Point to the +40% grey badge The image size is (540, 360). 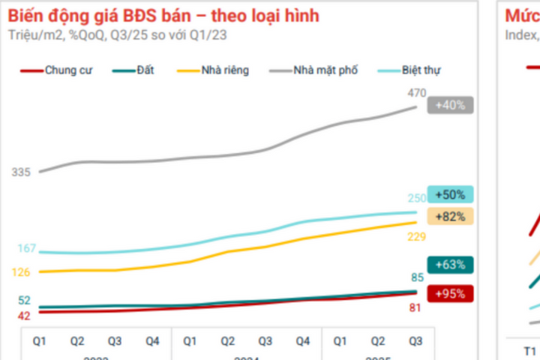click(450, 106)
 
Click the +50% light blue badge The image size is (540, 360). click(450, 195)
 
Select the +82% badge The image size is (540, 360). click(450, 216)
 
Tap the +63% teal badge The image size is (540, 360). click(450, 265)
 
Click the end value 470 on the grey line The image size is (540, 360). click(417, 93)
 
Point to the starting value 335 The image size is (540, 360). click(20, 172)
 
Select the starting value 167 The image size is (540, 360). click(26, 248)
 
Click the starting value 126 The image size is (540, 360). click(20, 272)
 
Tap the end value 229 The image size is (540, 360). click(417, 237)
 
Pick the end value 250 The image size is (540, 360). click(417, 198)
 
